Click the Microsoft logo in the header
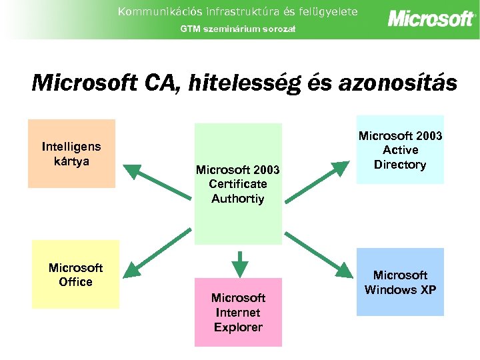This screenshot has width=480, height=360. (431, 19)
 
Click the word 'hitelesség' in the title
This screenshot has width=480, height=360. (245, 83)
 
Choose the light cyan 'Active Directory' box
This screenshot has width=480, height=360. (400, 150)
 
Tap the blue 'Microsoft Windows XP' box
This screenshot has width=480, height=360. (400, 282)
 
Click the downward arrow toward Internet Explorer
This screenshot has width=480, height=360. (239, 263)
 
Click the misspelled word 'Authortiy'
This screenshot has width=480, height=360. (238, 199)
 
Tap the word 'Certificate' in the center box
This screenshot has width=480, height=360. (238, 184)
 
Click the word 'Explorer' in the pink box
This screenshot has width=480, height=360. (238, 327)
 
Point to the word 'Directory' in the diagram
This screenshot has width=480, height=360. (400, 165)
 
